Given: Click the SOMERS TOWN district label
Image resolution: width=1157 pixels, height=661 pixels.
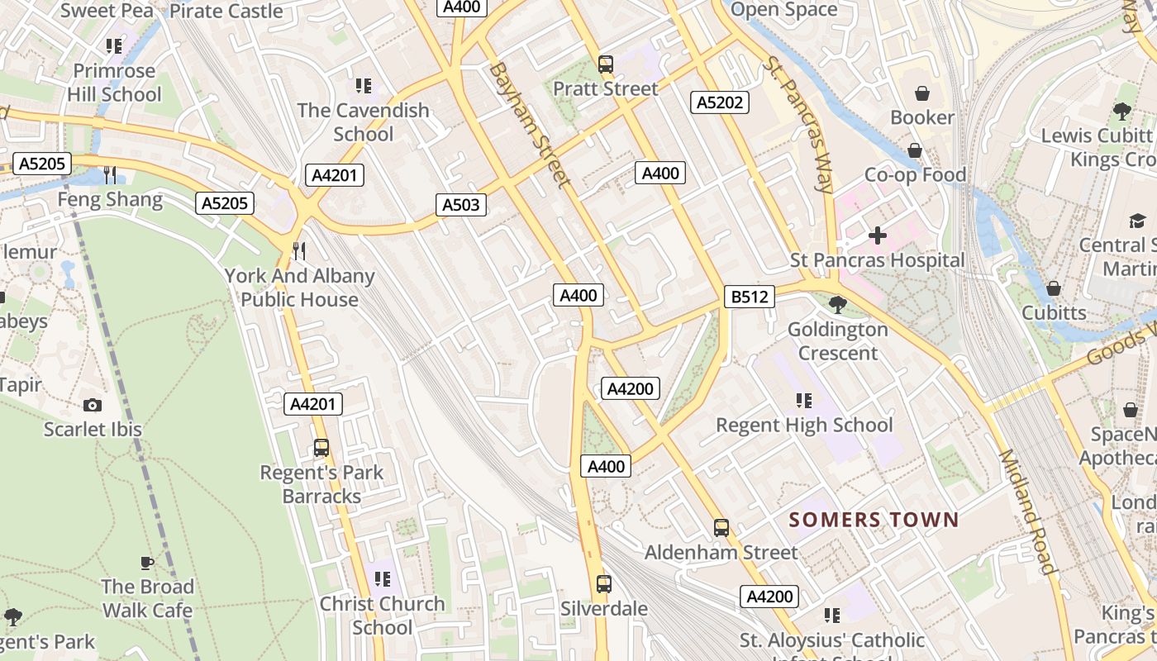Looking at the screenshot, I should [x=874, y=520].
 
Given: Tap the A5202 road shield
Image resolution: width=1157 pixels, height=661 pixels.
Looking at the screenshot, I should [x=720, y=102].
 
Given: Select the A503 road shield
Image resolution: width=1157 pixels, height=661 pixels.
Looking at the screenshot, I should [x=461, y=205].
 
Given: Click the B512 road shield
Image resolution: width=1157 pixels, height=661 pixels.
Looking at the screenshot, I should [x=750, y=297].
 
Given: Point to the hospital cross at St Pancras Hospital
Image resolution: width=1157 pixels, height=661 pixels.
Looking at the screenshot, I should [x=877, y=236].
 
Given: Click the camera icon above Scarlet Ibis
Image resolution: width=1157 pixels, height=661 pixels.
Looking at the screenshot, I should [x=93, y=405].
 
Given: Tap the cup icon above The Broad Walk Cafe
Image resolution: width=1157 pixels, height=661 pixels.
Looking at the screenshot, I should [x=147, y=563].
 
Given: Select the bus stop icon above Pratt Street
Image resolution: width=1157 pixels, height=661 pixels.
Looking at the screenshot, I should [x=606, y=64].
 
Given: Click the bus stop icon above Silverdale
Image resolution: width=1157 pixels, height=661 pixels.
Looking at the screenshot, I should [x=604, y=584].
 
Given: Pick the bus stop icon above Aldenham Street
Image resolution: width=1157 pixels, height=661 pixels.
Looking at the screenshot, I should [x=721, y=528].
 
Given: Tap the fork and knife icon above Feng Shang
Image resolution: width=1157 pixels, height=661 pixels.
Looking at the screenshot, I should [x=110, y=175].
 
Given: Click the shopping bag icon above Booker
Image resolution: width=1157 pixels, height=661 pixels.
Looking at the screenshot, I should [x=922, y=93].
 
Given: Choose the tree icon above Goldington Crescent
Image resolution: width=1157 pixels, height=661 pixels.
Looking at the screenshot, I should [x=837, y=305].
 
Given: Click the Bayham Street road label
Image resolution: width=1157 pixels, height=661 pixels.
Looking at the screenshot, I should [x=530, y=125].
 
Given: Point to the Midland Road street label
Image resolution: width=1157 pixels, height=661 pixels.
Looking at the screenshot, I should [x=1028, y=511].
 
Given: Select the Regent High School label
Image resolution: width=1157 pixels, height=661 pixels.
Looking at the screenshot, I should [x=804, y=425].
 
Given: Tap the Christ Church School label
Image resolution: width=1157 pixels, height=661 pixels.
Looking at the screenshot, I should [x=382, y=616].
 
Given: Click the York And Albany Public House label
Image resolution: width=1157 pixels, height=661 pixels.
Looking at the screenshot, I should [x=299, y=288].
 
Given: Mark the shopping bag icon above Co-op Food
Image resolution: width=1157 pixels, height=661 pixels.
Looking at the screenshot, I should [x=915, y=150].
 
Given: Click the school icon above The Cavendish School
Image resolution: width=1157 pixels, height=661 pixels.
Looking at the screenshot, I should [x=363, y=86].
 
